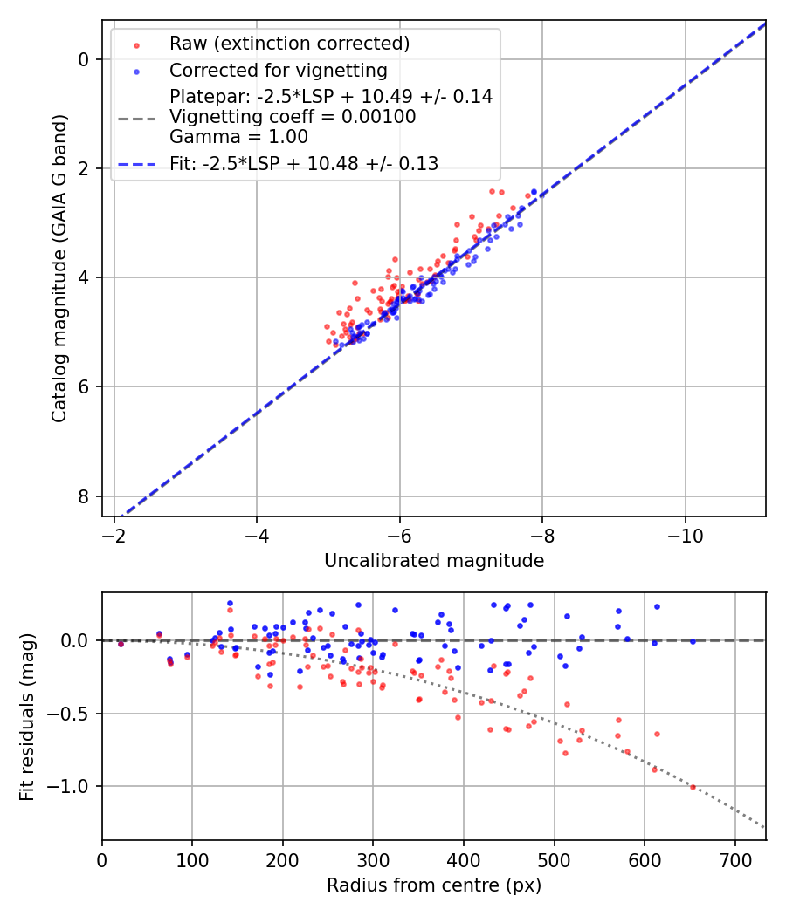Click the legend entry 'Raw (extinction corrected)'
click(x=289, y=44)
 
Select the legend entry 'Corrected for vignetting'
click(x=278, y=70)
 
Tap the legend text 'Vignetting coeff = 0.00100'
click(x=293, y=117)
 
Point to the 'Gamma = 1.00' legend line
click(x=238, y=137)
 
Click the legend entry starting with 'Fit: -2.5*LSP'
click(x=304, y=163)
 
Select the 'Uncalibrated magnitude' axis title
click(x=434, y=561)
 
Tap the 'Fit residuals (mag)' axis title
click(x=27, y=716)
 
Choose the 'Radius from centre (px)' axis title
click(x=434, y=885)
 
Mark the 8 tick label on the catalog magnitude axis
click(x=84, y=496)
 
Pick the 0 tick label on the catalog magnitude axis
click(x=84, y=59)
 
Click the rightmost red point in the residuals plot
click(x=693, y=787)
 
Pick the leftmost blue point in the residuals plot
click(x=121, y=644)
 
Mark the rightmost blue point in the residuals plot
click(x=693, y=641)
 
